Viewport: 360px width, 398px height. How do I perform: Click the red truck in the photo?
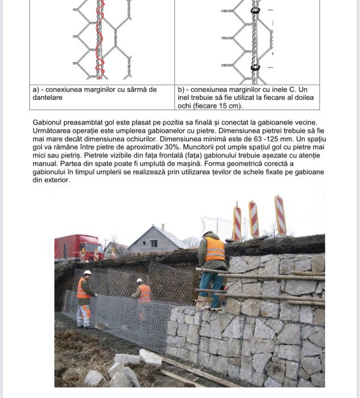coord(78,247)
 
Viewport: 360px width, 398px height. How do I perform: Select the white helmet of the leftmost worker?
coord(87,273)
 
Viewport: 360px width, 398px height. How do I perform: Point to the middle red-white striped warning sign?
coord(254,219)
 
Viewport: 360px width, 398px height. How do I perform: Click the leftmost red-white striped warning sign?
coord(237,223)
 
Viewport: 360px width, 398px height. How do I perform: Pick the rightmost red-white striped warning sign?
coord(280,215)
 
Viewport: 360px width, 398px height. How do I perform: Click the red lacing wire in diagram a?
coord(100,40)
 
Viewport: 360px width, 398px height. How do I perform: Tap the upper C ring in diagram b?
coord(255,11)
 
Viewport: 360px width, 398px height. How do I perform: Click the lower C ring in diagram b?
coord(255,67)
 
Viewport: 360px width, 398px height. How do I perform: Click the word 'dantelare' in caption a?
coord(47,98)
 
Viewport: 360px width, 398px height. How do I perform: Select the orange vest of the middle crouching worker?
coord(144,293)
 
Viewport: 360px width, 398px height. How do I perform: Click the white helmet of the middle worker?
coord(139,280)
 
